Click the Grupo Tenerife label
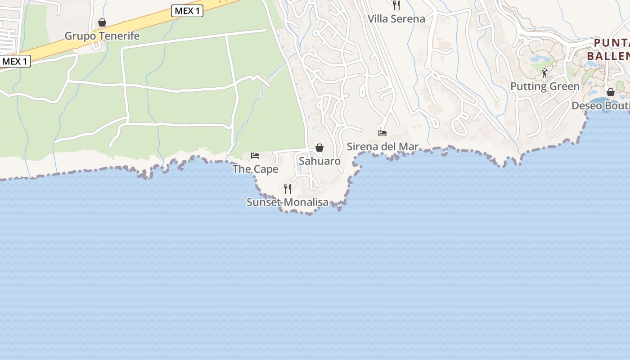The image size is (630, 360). [102, 36]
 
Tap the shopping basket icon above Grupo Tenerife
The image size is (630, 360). [102, 22]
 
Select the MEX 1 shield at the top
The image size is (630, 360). [187, 11]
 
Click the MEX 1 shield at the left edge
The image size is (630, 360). [15, 61]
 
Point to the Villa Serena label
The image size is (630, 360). [396, 19]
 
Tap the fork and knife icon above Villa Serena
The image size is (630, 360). [396, 5]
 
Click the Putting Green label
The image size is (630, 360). [544, 86]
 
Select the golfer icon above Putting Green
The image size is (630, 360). [545, 73]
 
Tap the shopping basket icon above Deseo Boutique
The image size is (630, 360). [611, 92]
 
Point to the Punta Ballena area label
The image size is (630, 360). [608, 49]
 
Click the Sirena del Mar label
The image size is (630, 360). [382, 147]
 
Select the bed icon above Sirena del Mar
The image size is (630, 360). [382, 133]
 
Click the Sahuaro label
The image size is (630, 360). [319, 161]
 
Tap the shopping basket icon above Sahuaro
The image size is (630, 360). [319, 148]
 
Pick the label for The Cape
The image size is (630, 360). [255, 169]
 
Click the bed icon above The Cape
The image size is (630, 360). [255, 156]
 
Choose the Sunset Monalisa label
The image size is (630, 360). [288, 202]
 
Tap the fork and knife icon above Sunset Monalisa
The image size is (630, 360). [288, 189]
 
